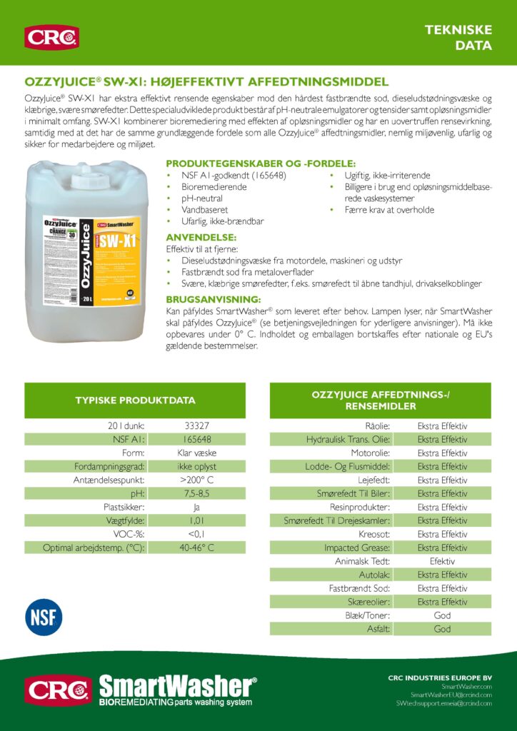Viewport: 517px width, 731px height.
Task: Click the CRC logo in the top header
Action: [x=51, y=37]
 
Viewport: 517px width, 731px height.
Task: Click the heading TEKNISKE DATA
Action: [x=468, y=37]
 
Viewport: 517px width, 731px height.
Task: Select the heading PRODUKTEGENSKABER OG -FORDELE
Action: [x=261, y=163]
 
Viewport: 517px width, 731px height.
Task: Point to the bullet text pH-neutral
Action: [x=202, y=198]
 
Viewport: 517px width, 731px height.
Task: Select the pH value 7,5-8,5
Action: [x=196, y=493]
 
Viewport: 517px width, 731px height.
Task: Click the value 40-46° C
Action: [x=196, y=548]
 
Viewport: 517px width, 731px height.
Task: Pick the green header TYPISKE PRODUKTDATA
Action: [x=135, y=400]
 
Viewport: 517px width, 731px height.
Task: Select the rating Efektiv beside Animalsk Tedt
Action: [x=442, y=561]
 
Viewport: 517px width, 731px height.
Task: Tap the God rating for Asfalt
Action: [x=442, y=629]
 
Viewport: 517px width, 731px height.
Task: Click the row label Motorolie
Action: [x=370, y=453]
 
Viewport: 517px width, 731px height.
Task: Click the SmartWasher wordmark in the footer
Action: [x=177, y=687]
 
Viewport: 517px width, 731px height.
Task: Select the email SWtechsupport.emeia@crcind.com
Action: [x=443, y=703]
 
